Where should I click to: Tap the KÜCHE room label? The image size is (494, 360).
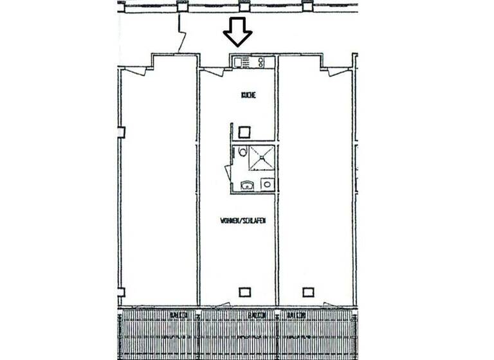(249, 95)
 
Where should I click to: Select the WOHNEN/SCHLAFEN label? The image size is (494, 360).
(243, 220)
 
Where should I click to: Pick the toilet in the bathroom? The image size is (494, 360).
(241, 153)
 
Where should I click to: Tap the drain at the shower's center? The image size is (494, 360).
(262, 158)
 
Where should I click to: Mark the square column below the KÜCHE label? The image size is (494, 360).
(244, 133)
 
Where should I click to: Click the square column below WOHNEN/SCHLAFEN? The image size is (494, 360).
(244, 291)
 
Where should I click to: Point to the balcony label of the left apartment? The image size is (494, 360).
(179, 314)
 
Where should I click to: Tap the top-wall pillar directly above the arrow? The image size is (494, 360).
(244, 7)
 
